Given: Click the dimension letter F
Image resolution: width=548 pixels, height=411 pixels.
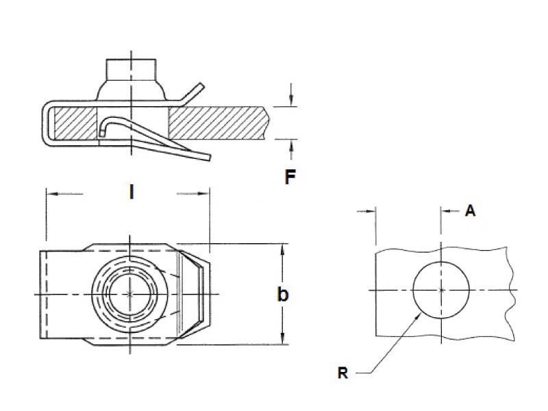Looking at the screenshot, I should (290, 177).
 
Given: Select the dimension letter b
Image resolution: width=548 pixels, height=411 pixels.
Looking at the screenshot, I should (282, 295).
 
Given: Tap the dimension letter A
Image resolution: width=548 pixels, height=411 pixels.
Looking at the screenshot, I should (471, 211).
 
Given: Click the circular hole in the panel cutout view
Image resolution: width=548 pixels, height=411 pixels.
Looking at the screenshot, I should (441, 290).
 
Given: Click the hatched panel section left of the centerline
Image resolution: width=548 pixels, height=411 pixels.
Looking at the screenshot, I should (75, 124).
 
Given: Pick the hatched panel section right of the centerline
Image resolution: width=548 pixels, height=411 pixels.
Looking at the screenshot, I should (212, 124).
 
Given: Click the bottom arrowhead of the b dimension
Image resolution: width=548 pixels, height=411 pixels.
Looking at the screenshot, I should (282, 340).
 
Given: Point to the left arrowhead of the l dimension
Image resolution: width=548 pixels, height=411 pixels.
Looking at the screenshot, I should (49, 194).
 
